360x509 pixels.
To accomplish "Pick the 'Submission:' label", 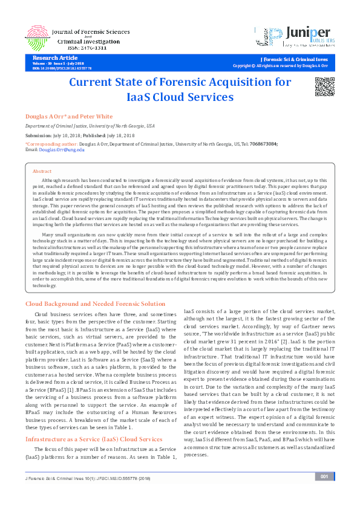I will [38, 135].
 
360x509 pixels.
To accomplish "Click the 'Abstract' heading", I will [42, 172].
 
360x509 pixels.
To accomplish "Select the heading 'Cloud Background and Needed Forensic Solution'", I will [94, 303].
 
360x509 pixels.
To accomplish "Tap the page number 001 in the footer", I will [324, 493].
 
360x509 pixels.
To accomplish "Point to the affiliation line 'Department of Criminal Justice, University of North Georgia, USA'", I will [90, 126].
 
